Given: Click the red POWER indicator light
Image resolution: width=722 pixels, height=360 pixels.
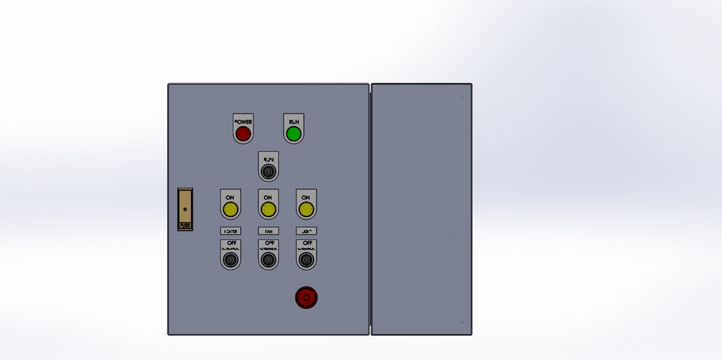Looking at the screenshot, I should coord(242,135).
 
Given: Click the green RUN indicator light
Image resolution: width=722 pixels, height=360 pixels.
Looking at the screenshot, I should coord(293,135).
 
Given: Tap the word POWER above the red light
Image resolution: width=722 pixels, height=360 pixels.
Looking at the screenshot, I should coord(243,121).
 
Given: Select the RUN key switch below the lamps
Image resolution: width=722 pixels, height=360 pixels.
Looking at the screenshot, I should coord(268,173).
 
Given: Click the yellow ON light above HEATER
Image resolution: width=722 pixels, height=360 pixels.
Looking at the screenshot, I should coord(230,209).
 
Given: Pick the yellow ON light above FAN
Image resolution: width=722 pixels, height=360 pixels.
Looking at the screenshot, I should coord(268,209).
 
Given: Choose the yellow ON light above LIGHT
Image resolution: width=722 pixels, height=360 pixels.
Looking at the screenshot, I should coord(305,209).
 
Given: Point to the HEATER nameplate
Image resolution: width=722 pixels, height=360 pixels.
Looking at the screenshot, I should coord(230,231).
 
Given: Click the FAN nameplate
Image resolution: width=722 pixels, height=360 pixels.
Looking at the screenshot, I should coord(268,231).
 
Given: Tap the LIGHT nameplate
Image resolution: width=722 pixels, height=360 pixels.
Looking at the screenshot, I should coord(305,231).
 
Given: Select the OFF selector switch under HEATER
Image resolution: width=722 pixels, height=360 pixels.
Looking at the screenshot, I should coord(230,260).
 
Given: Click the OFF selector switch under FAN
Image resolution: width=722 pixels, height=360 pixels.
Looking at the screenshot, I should coord(268,260).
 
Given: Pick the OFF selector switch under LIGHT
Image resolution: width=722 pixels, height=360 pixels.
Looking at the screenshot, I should coord(305,260).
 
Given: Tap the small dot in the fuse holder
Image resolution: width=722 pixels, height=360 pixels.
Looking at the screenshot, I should coord(184,204).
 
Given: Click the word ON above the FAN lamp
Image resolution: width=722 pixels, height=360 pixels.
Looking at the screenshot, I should coord(268,197).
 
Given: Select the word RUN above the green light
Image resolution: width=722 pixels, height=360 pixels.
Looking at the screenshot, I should coord(293,121).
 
